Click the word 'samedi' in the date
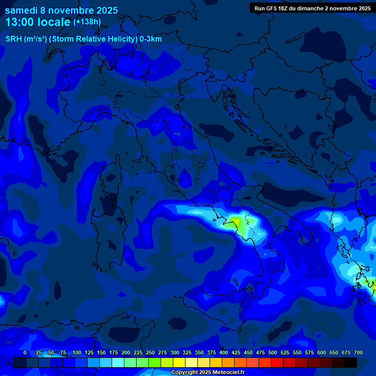(21, 10)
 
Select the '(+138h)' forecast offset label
(87, 22)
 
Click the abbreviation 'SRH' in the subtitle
(13, 39)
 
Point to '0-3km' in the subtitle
(151, 39)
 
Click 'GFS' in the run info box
(277, 8)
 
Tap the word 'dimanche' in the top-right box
(310, 8)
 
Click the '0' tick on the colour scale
(25, 352)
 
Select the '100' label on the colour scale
(77, 352)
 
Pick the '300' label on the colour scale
(175, 352)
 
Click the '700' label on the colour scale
(358, 352)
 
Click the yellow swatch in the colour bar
(179, 362)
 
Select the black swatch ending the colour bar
(351, 362)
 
